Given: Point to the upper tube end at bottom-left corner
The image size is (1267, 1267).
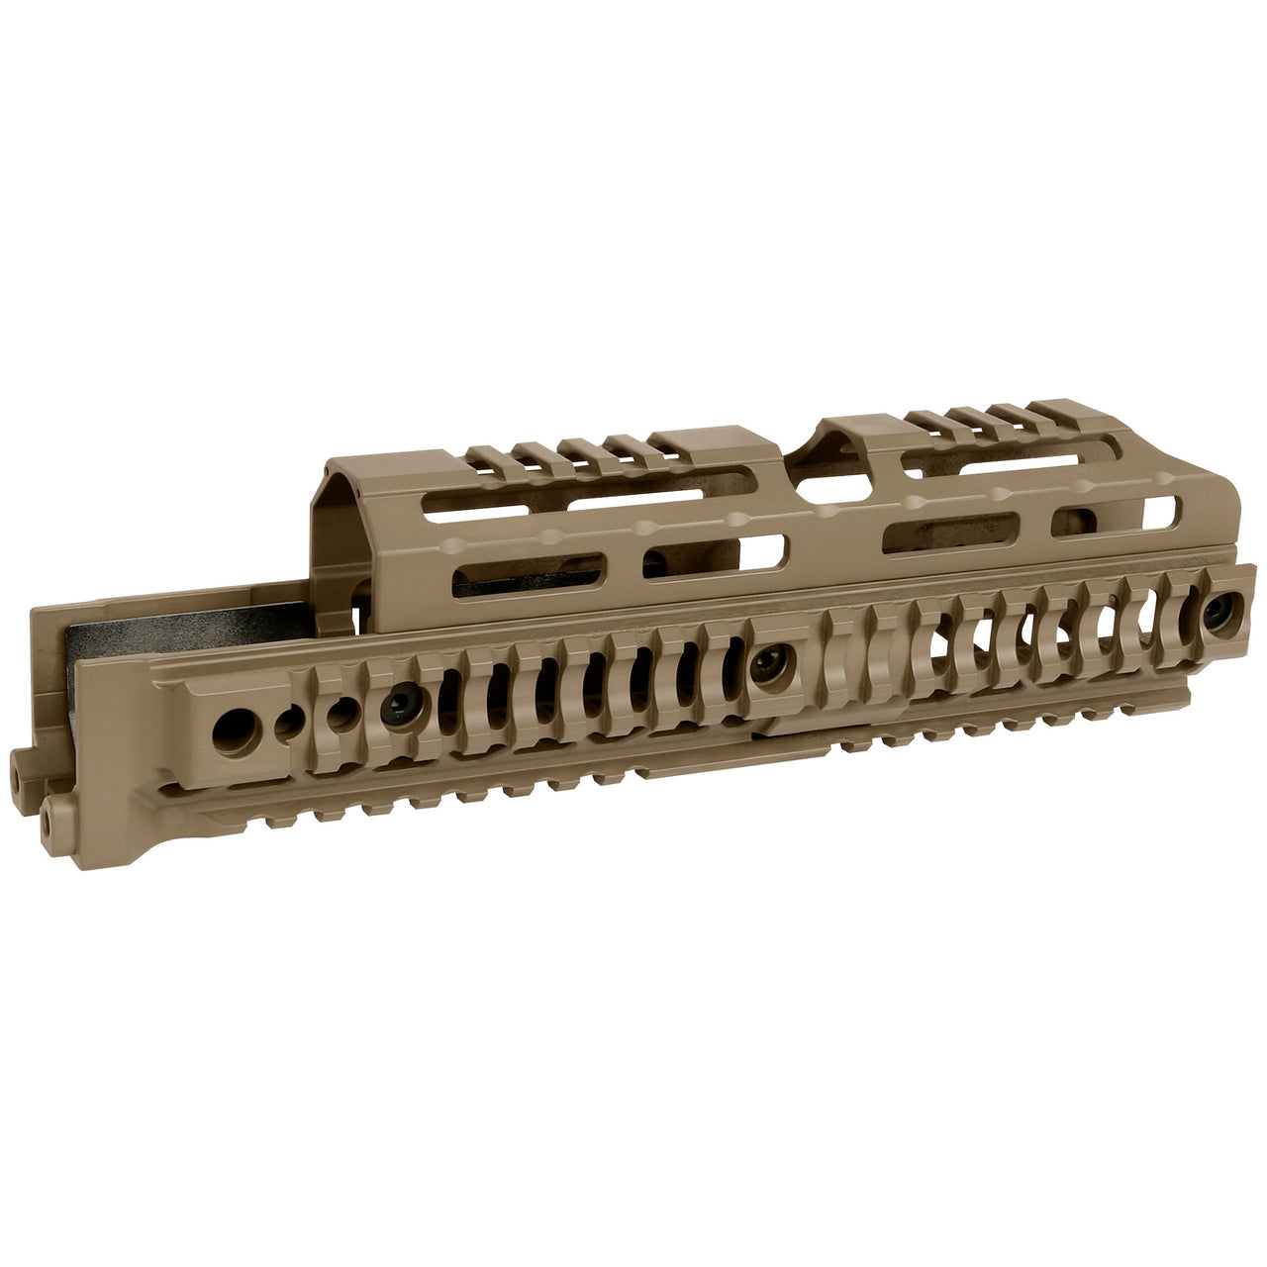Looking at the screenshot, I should tap(21, 763).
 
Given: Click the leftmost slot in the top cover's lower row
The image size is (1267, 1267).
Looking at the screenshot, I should tap(527, 577).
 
